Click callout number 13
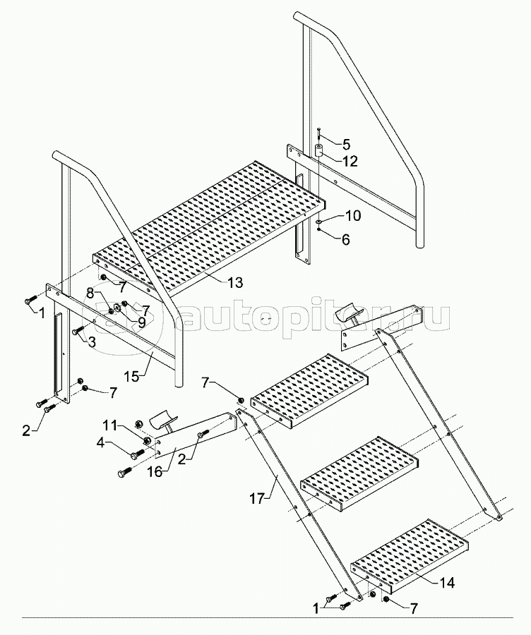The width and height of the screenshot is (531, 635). [235, 282]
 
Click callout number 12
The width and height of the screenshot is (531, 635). [350, 161]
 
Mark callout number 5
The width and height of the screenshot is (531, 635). [346, 144]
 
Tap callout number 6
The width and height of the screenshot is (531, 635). [345, 239]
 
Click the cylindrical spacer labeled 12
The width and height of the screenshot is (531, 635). [318, 151]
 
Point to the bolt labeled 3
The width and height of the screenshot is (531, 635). [76, 329]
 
